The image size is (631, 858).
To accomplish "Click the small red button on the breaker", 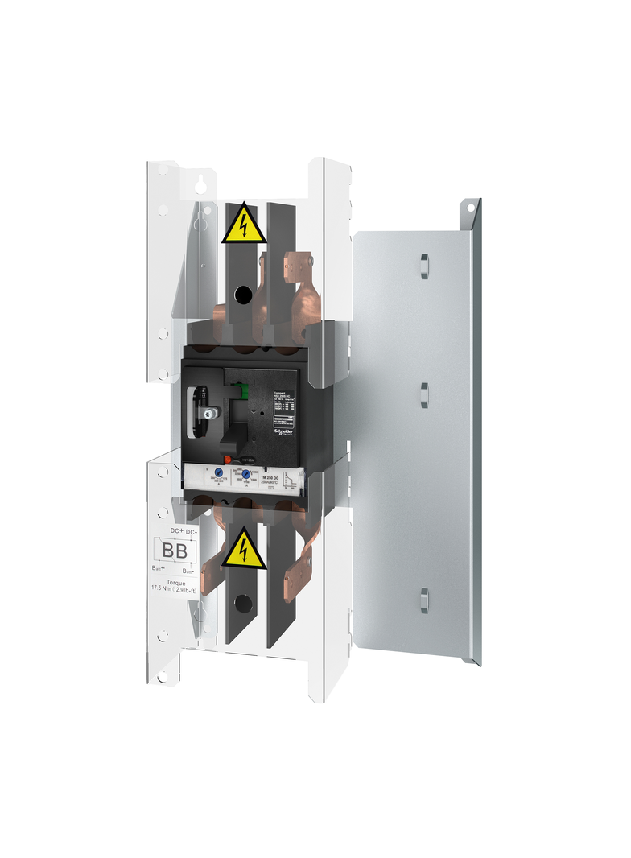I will [x=229, y=460].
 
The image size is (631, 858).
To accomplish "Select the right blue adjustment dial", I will [x=247, y=475].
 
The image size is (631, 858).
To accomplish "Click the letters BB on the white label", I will [x=175, y=551].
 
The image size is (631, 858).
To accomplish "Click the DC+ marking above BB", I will [x=177, y=532].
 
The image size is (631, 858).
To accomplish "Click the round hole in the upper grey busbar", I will [x=241, y=295].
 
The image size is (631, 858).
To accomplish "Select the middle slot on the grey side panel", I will [x=423, y=396].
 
